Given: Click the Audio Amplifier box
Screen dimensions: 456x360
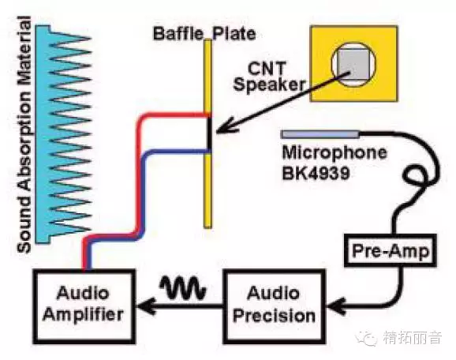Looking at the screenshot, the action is coord(84,306).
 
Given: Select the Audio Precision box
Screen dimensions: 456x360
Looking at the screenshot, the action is coord(274,306).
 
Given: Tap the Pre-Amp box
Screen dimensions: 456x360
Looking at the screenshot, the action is coord(391,250).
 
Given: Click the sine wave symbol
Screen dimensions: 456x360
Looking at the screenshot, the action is coord(182,287).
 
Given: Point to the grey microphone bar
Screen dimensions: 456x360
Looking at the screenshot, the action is coord(320,134).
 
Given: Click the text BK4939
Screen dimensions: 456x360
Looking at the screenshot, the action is coord(316,174).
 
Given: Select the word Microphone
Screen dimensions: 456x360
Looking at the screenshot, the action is coord(335,152).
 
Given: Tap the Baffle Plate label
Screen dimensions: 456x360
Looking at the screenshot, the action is coord(204,33).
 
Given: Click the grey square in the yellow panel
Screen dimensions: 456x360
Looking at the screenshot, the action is coord(353,64).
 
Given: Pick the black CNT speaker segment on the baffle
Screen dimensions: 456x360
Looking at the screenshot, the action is coord(209,134).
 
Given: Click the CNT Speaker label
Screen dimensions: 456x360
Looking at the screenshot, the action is coord(269,77).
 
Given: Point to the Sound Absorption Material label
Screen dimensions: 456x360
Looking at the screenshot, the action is coord(24,134).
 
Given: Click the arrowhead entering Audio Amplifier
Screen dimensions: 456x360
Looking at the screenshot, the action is coord(146,306).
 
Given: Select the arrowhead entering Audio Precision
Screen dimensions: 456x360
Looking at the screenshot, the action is coord(336,306).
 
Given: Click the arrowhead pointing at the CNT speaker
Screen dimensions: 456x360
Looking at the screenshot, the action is coord(226,126).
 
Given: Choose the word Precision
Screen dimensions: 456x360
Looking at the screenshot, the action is coord(274,317).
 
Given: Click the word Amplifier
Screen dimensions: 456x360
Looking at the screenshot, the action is coord(83,316).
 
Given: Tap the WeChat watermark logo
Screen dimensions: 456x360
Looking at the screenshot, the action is coord(366,339).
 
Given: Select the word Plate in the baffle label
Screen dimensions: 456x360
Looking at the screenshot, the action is coord(234,33).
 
